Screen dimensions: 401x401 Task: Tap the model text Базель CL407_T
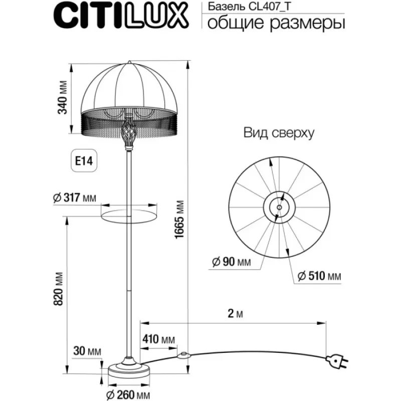tap(249, 7)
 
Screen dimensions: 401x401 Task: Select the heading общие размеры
tap(276, 23)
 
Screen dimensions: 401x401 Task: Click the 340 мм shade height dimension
tap(62, 97)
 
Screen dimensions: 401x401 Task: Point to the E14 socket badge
tap(84, 161)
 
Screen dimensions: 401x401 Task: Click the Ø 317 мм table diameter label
tap(74, 197)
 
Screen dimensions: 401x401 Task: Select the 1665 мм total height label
tap(179, 220)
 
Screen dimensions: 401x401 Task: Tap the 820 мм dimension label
tap(58, 289)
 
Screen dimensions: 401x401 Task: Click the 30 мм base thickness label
tap(87, 351)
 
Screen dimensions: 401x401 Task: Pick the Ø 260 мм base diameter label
tap(128, 395)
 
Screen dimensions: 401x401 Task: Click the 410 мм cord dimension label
tap(158, 339)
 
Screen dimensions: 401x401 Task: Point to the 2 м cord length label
tap(235, 314)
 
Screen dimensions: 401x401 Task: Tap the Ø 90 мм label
tap(232, 262)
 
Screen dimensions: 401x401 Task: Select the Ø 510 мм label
tap(319, 276)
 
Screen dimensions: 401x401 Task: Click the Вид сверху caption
tap(279, 133)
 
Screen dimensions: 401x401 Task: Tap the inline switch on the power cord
tap(183, 355)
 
